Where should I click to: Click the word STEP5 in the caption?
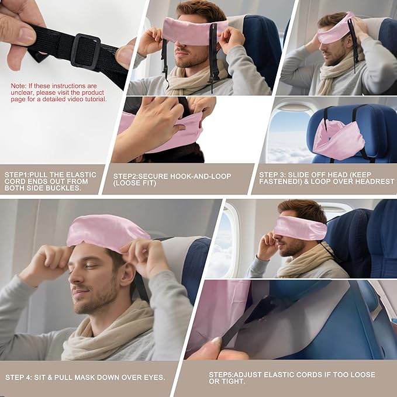pos(223,374)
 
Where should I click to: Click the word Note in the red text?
pos(18,86)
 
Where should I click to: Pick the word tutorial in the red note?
pos(94,99)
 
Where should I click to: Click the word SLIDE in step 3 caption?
pos(299,175)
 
